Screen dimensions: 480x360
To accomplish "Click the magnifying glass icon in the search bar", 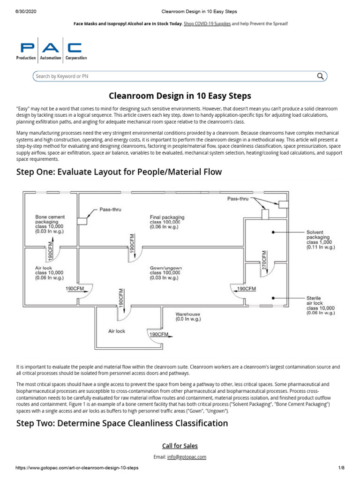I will click(x=320, y=76).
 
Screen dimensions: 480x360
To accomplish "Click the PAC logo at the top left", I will click(x=52, y=51).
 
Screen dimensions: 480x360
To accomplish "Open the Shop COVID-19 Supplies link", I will click(x=207, y=23).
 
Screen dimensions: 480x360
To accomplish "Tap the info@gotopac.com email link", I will click(x=187, y=457).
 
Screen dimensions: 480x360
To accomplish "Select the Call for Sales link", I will click(x=180, y=446).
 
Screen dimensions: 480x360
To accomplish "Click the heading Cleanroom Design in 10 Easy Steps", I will click(x=180, y=96).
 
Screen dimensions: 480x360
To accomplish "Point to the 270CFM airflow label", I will click(x=264, y=260).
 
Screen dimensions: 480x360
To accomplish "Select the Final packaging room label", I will click(x=167, y=219).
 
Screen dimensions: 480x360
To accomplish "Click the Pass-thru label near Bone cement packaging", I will click(x=110, y=210).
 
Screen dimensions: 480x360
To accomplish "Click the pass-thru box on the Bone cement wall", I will click(x=83, y=221).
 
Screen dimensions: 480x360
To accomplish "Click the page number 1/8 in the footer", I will click(x=341, y=468).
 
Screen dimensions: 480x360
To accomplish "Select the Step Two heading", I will click(x=122, y=423).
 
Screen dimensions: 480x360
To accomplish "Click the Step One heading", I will click(x=119, y=172).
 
